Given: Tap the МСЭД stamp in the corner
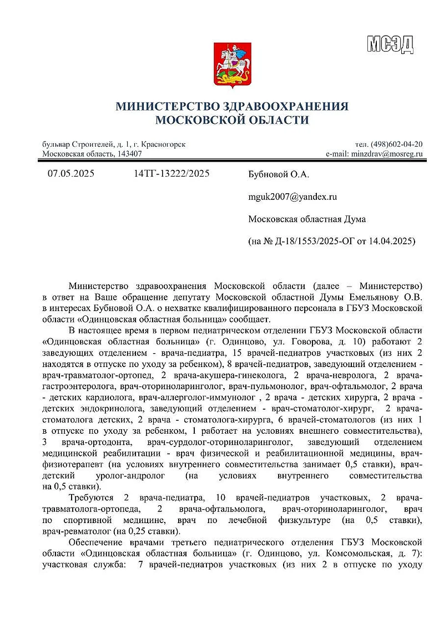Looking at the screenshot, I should (x=390, y=43).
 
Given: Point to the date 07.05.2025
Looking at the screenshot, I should (x=71, y=174).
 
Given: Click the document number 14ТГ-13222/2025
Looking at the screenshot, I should (x=171, y=174).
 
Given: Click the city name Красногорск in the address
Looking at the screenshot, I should (x=162, y=144).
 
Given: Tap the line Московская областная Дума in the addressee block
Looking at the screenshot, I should (x=307, y=219).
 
